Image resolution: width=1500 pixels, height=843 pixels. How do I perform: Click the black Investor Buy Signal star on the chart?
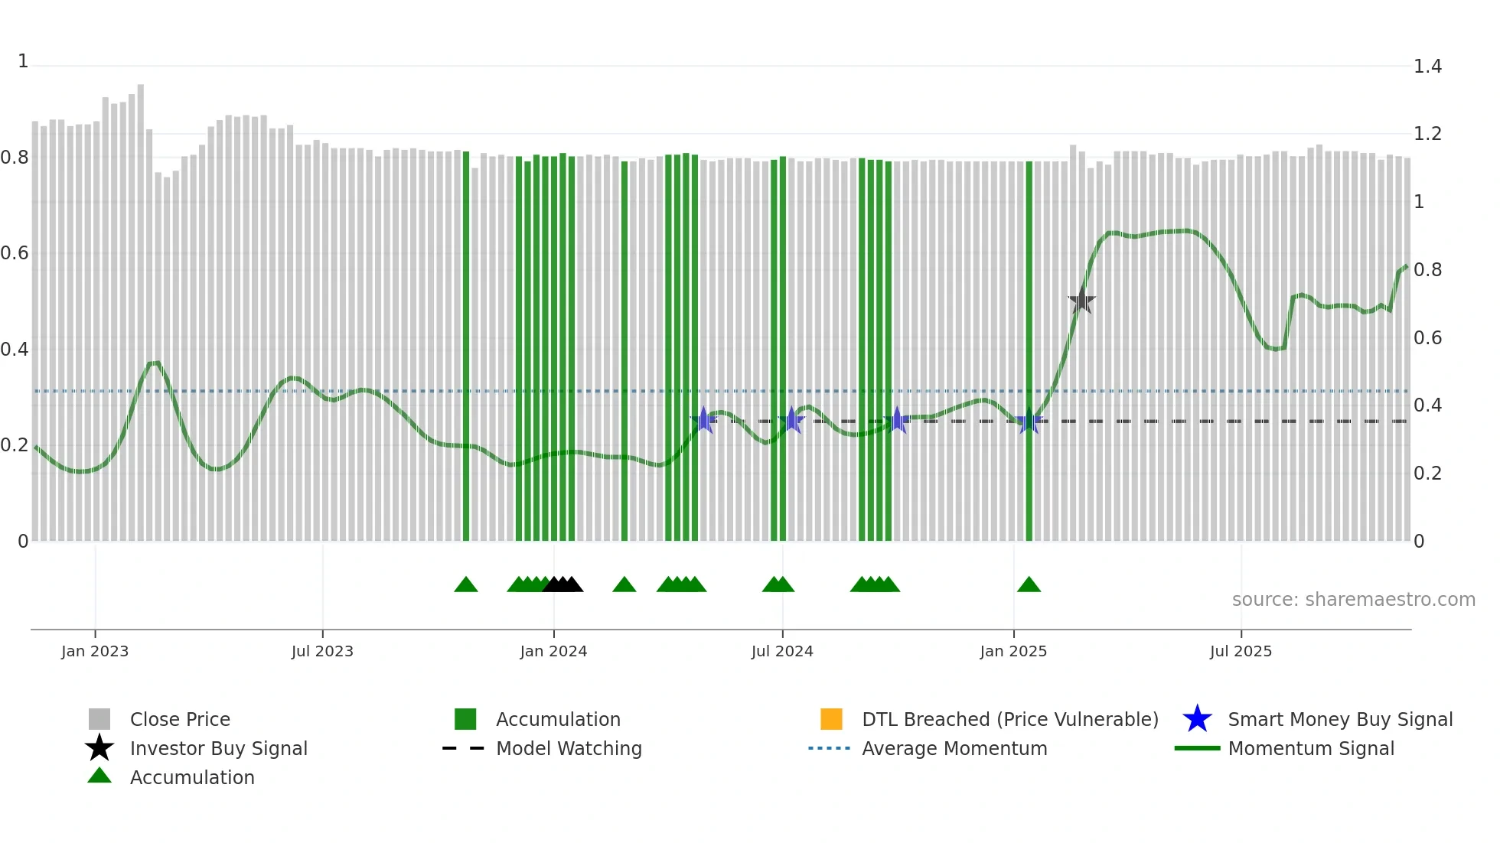tap(1081, 301)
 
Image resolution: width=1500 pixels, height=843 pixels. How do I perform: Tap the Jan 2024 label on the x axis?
tap(553, 651)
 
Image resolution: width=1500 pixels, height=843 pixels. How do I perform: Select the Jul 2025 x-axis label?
tap(1241, 651)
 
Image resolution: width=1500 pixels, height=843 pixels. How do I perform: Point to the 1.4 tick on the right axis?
tap(1427, 67)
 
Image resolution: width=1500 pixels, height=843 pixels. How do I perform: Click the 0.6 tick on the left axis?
tap(15, 253)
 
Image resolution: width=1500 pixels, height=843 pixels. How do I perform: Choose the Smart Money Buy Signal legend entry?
tap(1339, 719)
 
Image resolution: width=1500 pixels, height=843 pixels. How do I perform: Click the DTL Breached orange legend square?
tap(831, 719)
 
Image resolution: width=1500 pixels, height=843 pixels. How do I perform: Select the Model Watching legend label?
tap(569, 748)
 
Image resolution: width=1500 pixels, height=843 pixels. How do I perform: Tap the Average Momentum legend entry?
tap(954, 748)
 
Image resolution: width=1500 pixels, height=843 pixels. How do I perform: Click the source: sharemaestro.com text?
tap(1353, 599)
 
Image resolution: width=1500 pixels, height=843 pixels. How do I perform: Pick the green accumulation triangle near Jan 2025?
tap(1029, 585)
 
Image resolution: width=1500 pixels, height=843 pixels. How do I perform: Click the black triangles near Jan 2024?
tap(562, 585)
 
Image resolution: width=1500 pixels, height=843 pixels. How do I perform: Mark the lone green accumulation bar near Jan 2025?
tap(1029, 352)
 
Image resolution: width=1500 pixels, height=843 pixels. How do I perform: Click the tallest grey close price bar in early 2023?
tap(141, 306)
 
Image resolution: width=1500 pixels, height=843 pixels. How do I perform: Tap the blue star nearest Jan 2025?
tap(1029, 421)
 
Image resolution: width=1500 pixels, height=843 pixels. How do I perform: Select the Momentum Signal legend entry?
tap(1310, 748)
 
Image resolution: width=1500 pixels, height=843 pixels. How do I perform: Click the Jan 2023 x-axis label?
tap(95, 651)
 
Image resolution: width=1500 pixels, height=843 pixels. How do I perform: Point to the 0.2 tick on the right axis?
tap(1427, 474)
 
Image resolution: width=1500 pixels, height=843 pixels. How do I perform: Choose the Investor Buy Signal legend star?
tap(99, 748)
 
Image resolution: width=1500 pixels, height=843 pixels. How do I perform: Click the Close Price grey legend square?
tap(99, 719)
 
